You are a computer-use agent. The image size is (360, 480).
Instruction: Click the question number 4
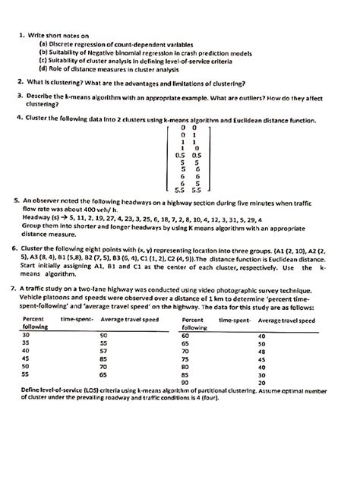[19, 118]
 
